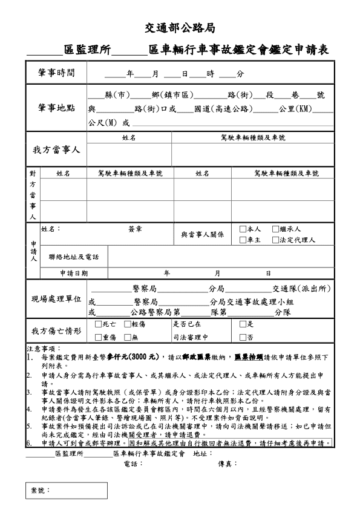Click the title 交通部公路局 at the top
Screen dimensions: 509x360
pyautogui.click(x=180, y=28)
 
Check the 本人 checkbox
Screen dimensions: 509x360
pyautogui.click(x=243, y=229)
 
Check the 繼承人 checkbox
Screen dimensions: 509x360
pyautogui.click(x=275, y=229)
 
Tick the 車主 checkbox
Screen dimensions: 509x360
pyautogui.click(x=243, y=240)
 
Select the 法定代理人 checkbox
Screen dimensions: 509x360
pyautogui.click(x=275, y=240)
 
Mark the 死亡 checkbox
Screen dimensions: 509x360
pyautogui.click(x=98, y=324)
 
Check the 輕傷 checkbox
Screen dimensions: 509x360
pyautogui.click(x=127, y=324)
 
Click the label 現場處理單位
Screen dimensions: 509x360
pyautogui.click(x=56, y=300)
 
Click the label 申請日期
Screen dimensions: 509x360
pyautogui.click(x=74, y=273)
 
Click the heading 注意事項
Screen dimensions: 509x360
pyautogui.click(x=44, y=349)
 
